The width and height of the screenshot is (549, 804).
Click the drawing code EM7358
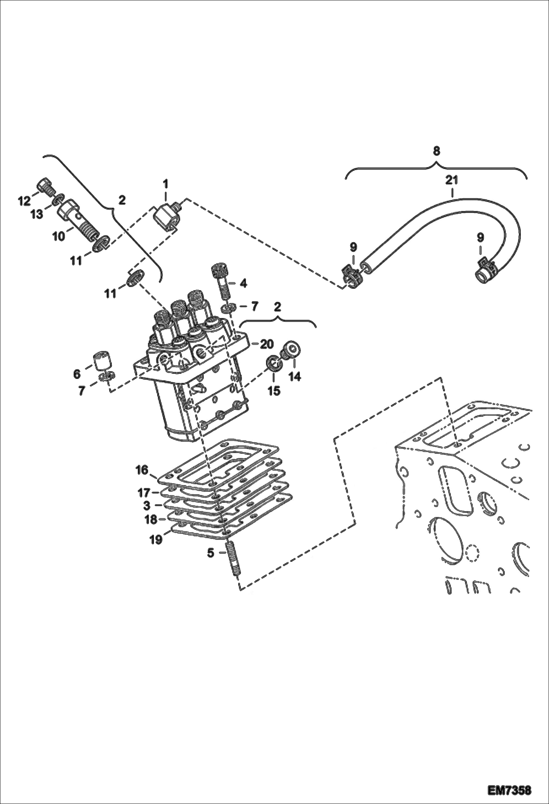[509, 788]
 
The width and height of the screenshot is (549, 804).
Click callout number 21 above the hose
[452, 180]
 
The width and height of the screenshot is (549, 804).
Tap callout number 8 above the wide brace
[436, 151]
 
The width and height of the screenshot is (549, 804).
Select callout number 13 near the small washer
[37, 214]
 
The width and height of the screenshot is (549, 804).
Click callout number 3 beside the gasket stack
[147, 506]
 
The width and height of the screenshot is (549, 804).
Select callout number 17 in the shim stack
[144, 492]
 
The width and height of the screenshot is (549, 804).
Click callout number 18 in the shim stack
[151, 519]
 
